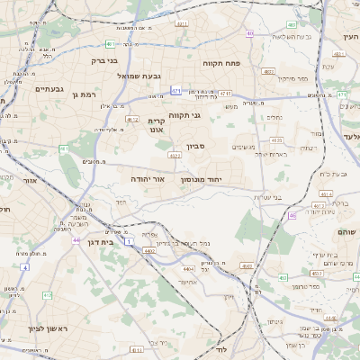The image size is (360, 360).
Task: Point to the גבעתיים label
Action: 48,89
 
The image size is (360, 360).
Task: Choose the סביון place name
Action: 196,146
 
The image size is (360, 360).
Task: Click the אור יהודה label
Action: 148,180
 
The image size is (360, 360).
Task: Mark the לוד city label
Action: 221,350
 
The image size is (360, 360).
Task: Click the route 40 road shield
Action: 249,33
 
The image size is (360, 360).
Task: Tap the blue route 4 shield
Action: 25,267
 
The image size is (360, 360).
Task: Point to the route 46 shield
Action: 292,216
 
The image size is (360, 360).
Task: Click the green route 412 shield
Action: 47,294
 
